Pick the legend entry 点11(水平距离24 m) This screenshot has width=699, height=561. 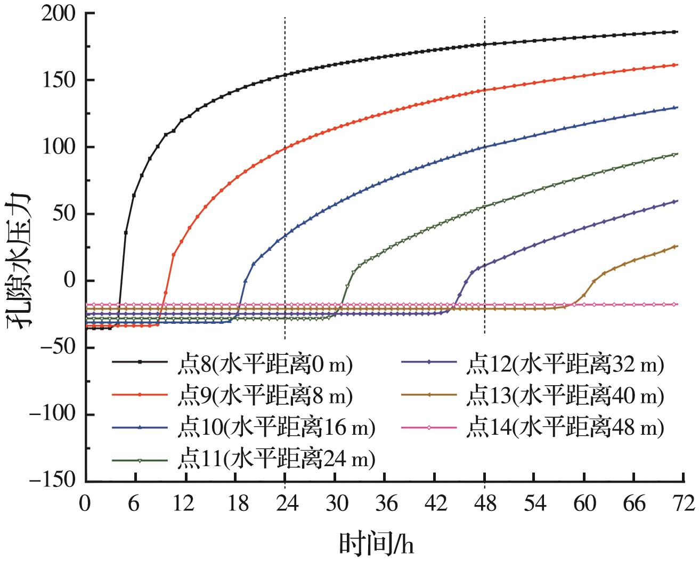pos(275,459)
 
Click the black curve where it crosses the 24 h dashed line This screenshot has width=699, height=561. pos(285,75)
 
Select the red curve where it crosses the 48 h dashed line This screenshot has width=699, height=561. pos(484,90)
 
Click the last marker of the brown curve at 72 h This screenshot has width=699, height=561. pos(676,246)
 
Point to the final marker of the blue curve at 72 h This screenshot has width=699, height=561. pos(676,108)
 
